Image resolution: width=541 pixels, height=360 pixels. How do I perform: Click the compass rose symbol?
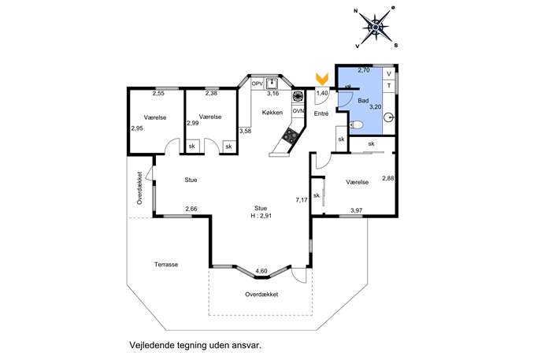[376, 27]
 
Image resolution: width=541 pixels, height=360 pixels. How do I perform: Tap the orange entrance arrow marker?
[322, 79]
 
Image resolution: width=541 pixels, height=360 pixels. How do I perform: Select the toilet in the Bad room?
[357, 124]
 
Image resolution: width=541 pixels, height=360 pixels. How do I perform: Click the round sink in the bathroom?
[389, 118]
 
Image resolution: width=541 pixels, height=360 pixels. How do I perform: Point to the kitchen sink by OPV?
[272, 83]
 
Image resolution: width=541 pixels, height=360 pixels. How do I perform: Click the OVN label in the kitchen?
[298, 111]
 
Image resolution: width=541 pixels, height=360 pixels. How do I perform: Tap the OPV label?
[258, 84]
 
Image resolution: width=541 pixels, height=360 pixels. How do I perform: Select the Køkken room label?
[272, 113]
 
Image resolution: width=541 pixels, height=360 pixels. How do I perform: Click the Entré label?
[321, 113]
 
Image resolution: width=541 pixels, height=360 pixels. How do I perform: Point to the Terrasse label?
[166, 265]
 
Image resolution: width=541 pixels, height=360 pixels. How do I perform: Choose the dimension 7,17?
[302, 199]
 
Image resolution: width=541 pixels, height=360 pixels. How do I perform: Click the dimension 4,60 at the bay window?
[261, 271]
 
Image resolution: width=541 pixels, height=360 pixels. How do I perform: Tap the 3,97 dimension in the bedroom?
[357, 210]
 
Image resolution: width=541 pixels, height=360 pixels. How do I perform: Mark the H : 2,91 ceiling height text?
[261, 216]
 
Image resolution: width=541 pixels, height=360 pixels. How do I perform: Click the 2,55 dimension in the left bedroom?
[159, 93]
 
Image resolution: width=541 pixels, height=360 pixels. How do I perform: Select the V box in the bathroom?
[389, 74]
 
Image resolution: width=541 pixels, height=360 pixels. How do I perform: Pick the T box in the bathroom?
[389, 86]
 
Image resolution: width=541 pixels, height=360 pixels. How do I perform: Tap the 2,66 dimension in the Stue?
[191, 209]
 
